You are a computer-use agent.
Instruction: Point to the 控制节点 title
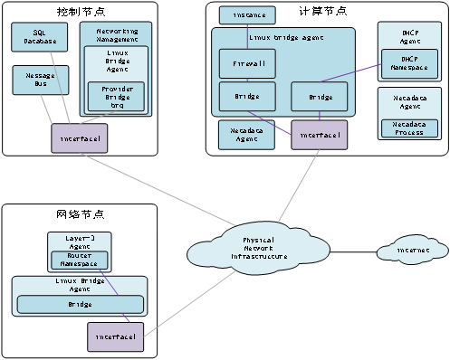click(79, 11)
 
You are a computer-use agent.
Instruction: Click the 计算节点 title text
click(322, 11)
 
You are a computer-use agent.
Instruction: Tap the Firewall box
click(241, 64)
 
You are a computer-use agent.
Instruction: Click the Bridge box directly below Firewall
click(241, 96)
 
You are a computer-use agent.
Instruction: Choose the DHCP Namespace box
click(407, 62)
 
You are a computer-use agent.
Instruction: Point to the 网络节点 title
click(79, 214)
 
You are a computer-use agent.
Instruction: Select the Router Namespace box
click(82, 260)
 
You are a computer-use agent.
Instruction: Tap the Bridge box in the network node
click(80, 305)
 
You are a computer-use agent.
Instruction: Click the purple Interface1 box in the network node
click(116, 336)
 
